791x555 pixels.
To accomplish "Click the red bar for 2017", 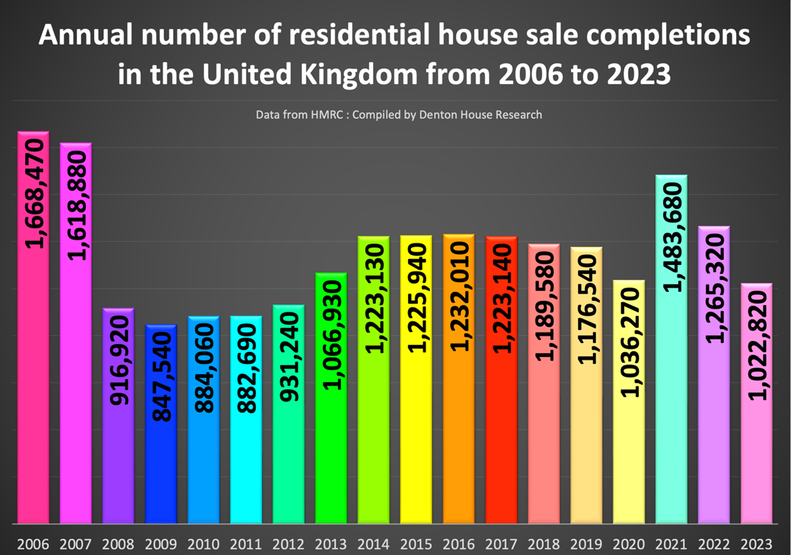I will [501, 442].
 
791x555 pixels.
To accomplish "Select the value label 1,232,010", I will [460, 297].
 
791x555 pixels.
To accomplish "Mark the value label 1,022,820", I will [758, 346].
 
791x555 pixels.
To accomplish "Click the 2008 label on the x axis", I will [118, 543].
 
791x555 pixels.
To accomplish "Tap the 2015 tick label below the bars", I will [416, 543].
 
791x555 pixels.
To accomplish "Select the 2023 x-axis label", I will [757, 543].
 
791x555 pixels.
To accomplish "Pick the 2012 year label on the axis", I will [288, 543].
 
